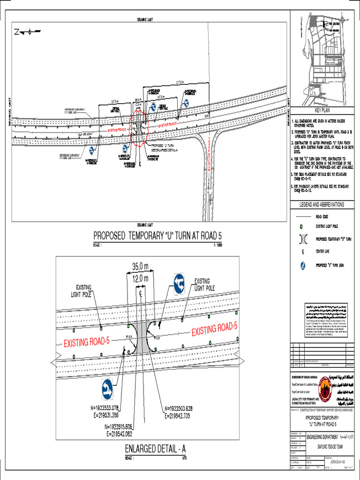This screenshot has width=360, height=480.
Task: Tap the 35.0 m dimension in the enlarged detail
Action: [140, 267]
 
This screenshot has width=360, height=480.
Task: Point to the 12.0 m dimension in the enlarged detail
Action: [140, 278]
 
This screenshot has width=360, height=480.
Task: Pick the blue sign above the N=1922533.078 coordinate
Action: [107, 388]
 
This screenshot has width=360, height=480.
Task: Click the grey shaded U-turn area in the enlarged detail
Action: [140, 337]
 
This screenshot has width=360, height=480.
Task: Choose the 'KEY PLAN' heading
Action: [322, 110]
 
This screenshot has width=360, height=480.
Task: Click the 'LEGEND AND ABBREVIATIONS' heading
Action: [322, 205]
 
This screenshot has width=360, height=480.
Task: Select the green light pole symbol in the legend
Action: [302, 226]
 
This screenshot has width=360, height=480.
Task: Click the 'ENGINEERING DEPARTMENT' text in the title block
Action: [327, 437]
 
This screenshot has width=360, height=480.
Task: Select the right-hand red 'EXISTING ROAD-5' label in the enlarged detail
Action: [215, 330]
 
